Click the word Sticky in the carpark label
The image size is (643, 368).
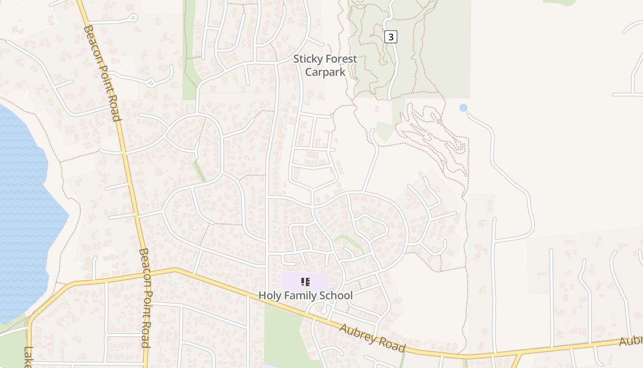[307, 59]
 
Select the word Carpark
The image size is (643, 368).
[325, 72]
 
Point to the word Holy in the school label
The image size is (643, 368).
[269, 295]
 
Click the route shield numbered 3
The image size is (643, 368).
[390, 37]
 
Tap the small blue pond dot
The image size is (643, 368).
[463, 108]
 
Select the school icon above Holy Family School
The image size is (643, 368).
[305, 282]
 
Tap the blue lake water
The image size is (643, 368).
[23, 207]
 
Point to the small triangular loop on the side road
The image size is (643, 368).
[151, 83]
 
